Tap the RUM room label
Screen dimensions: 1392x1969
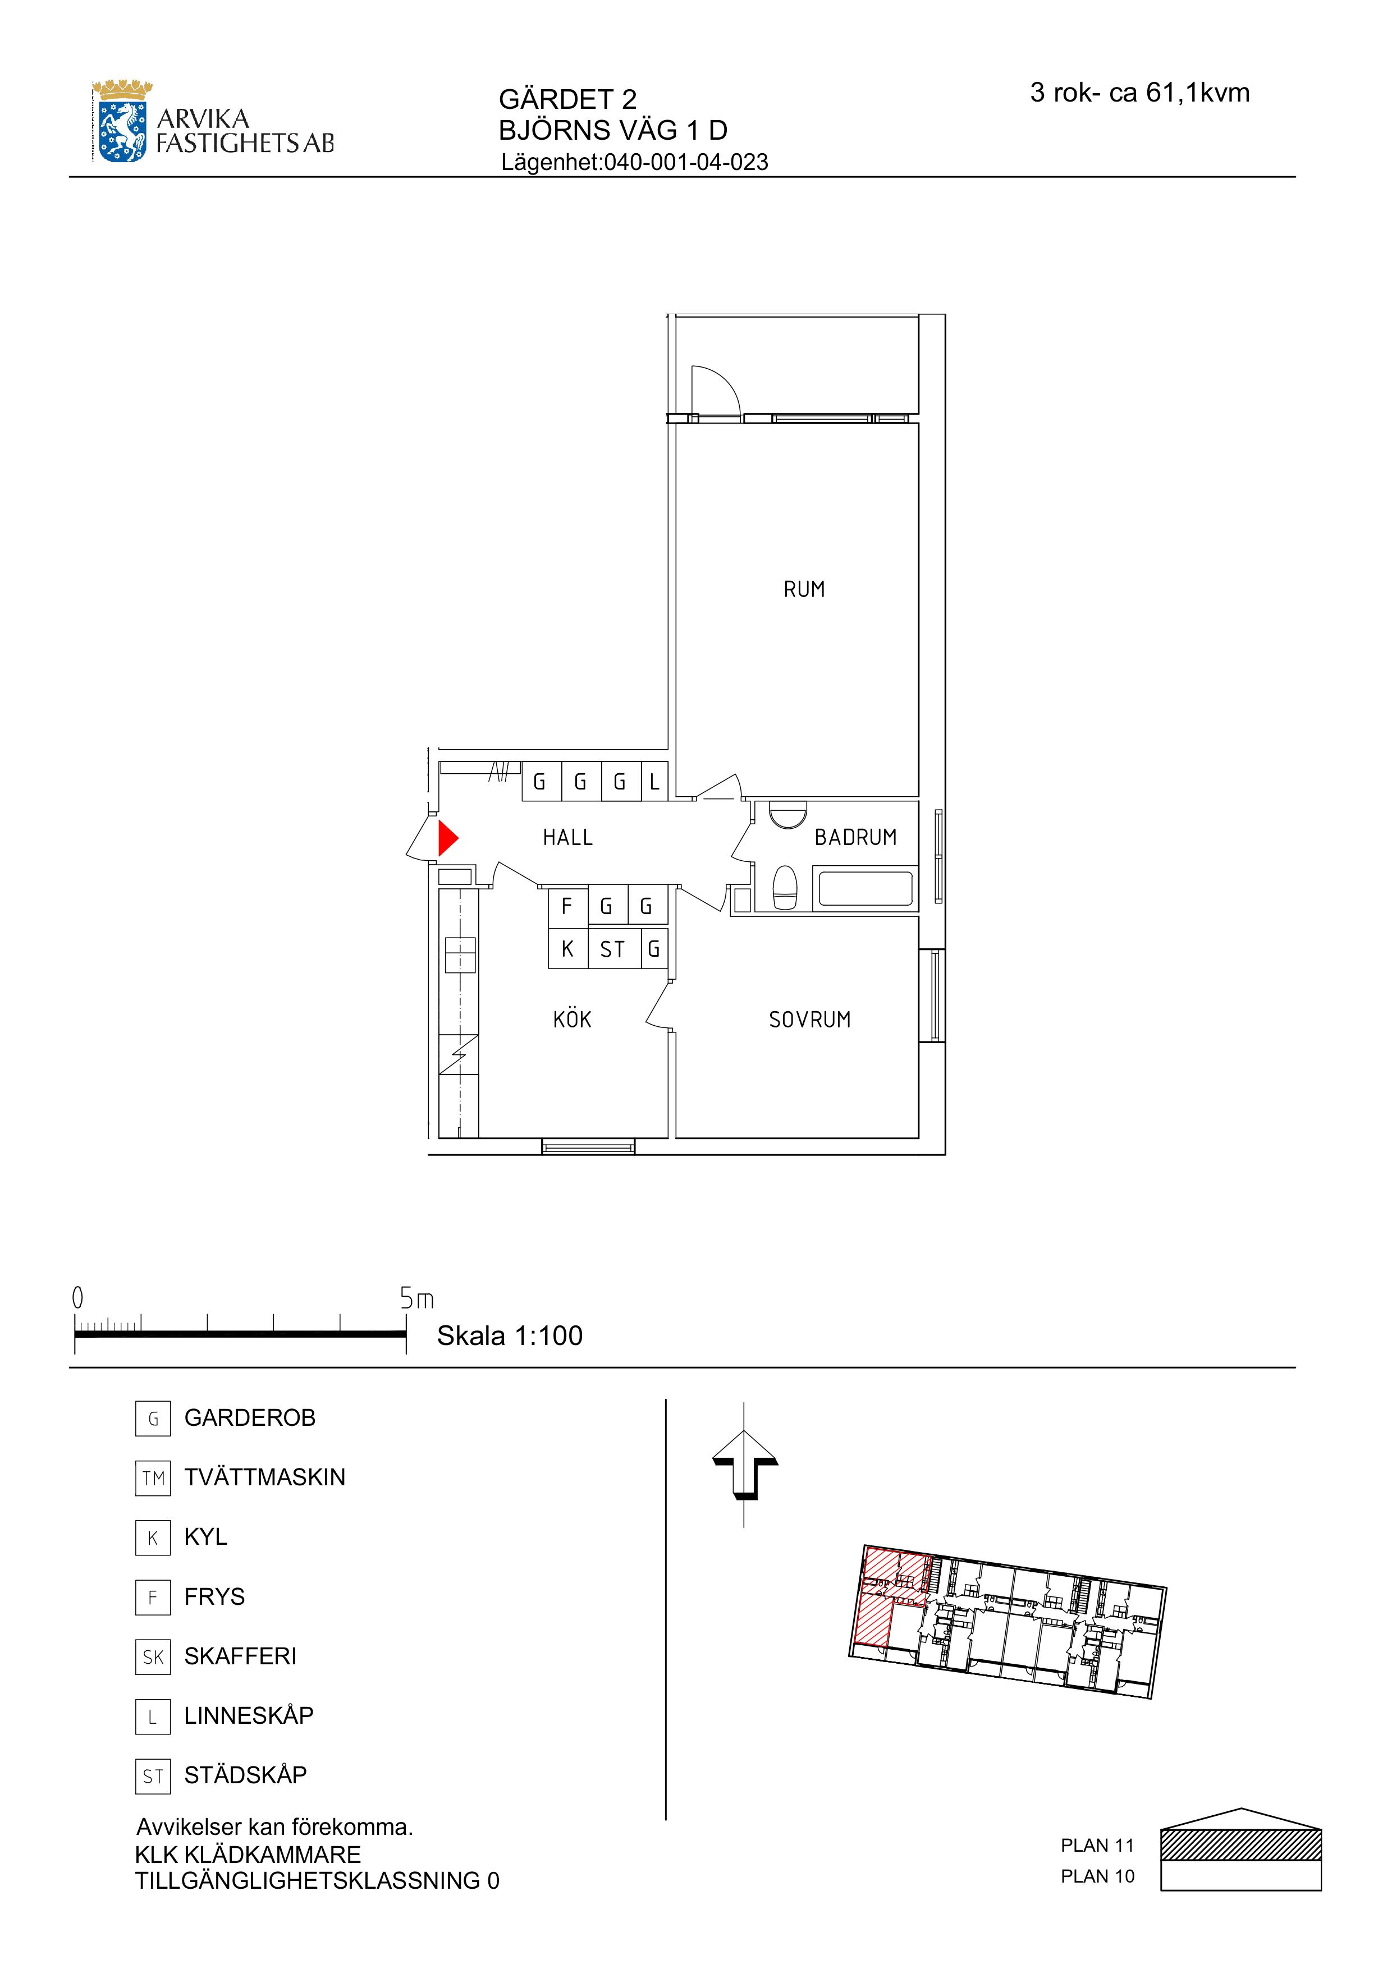804,589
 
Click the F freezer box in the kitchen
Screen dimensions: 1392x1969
568,906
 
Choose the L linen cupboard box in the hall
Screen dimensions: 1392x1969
654,781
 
